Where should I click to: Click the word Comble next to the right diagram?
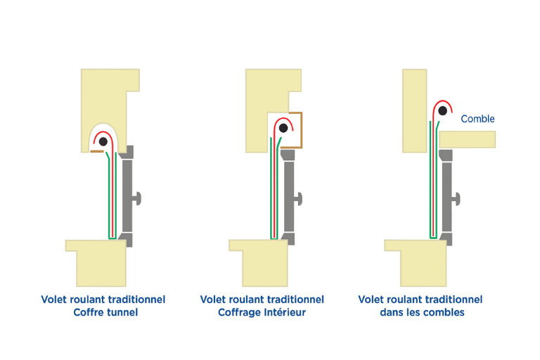point(477,119)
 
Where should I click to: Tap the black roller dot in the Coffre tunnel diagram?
point(103,141)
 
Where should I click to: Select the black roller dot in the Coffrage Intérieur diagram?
point(283,128)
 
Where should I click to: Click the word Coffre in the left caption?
point(89,312)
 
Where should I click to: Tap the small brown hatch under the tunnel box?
point(96,151)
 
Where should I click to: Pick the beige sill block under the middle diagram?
point(260,260)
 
